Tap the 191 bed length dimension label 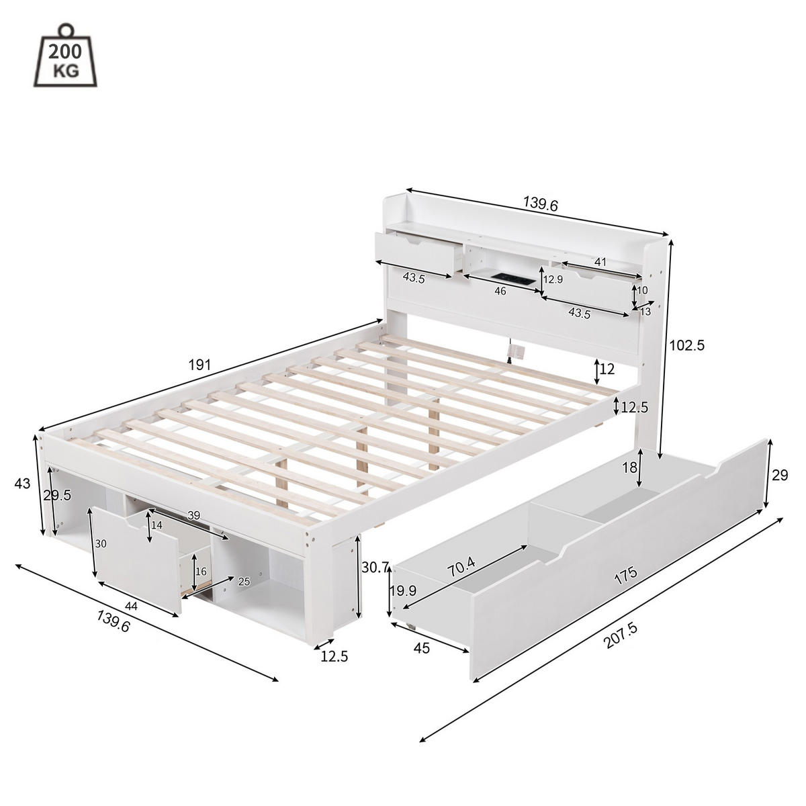click(199, 365)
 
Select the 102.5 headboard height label click(686, 345)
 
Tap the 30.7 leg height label click(375, 567)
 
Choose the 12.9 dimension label click(553, 279)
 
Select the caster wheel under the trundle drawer click(410, 627)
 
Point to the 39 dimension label click(193, 515)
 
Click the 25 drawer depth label click(243, 582)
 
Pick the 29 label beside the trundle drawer click(780, 476)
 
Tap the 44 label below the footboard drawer click(131, 607)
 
